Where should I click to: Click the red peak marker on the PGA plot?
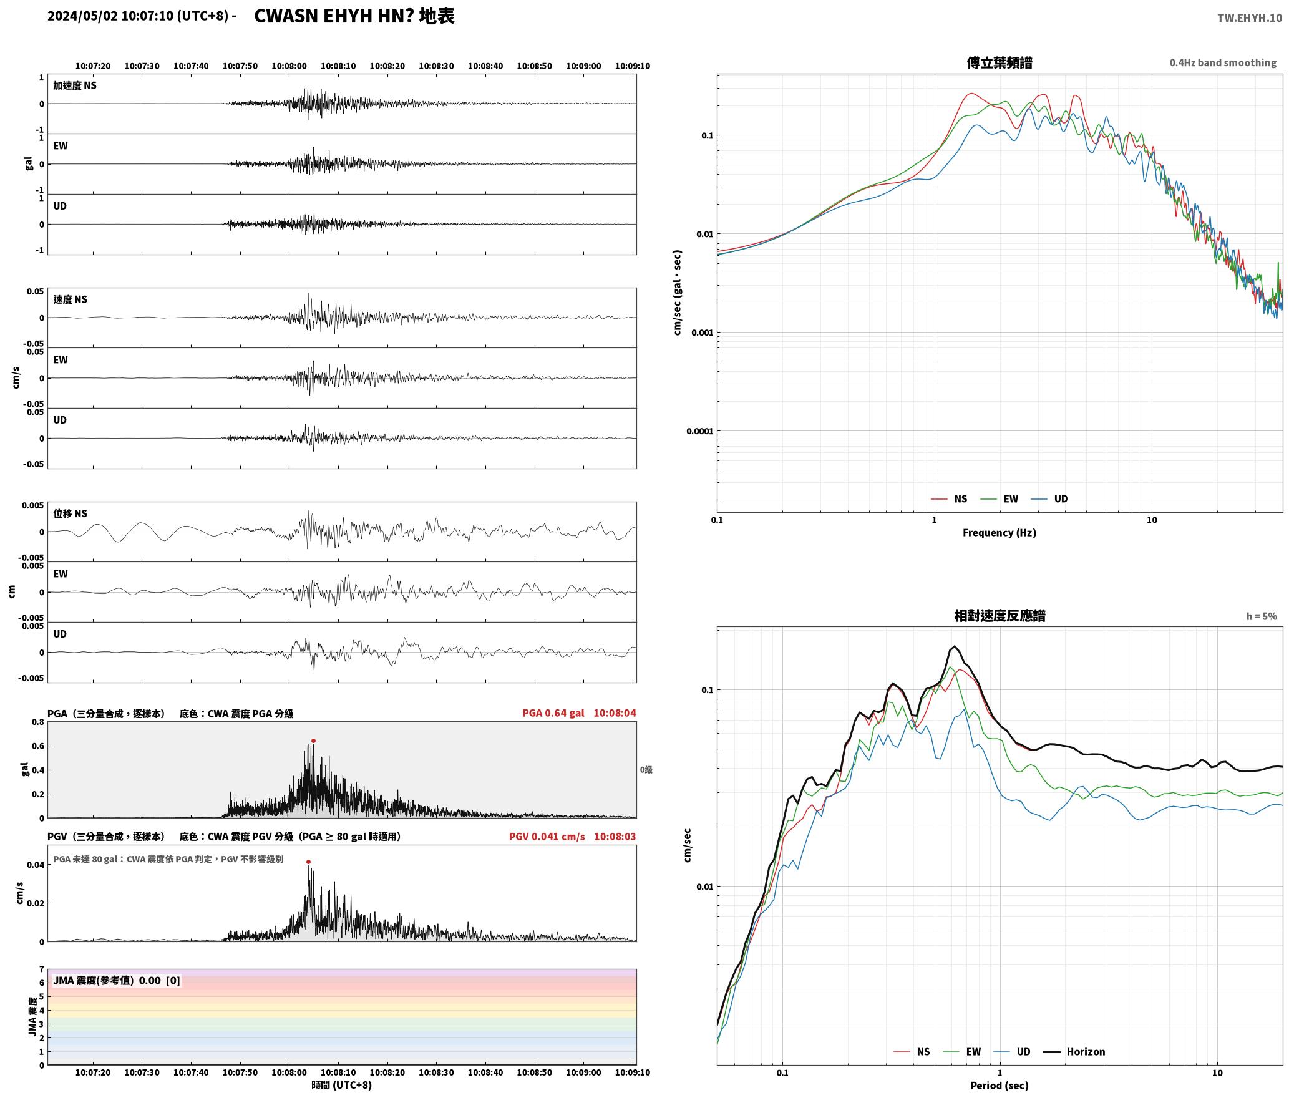click(x=313, y=741)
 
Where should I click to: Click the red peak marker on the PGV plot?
click(x=308, y=862)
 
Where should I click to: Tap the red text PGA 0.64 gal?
click(x=553, y=713)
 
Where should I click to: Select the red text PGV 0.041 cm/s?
click(x=547, y=837)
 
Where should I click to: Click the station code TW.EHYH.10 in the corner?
click(x=1250, y=17)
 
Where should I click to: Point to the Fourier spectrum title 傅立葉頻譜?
click(x=999, y=62)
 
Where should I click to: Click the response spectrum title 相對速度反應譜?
click(x=1000, y=616)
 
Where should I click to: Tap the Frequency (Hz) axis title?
click(x=999, y=533)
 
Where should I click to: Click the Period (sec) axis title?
click(x=999, y=1086)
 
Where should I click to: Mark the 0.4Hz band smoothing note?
click(x=1223, y=63)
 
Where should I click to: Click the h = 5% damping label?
click(x=1262, y=616)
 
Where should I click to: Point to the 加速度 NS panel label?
click(x=75, y=85)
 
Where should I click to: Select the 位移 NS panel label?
click(x=71, y=513)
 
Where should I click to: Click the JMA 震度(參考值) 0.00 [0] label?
click(x=117, y=981)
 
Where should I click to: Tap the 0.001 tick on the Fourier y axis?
click(x=701, y=333)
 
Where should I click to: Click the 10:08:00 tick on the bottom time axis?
click(x=289, y=1072)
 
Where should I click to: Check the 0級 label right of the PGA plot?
click(x=646, y=770)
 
